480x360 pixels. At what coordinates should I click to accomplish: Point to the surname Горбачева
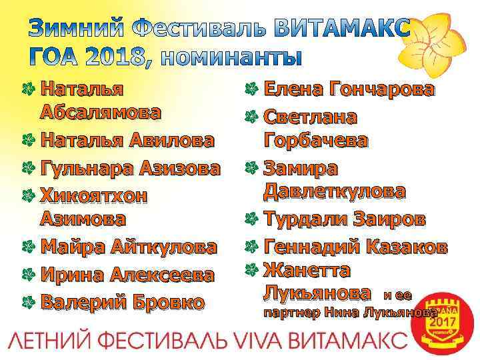[x=315, y=141]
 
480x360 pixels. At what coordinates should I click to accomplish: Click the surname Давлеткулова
[x=334, y=191]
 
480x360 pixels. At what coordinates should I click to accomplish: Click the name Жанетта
[x=307, y=270]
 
